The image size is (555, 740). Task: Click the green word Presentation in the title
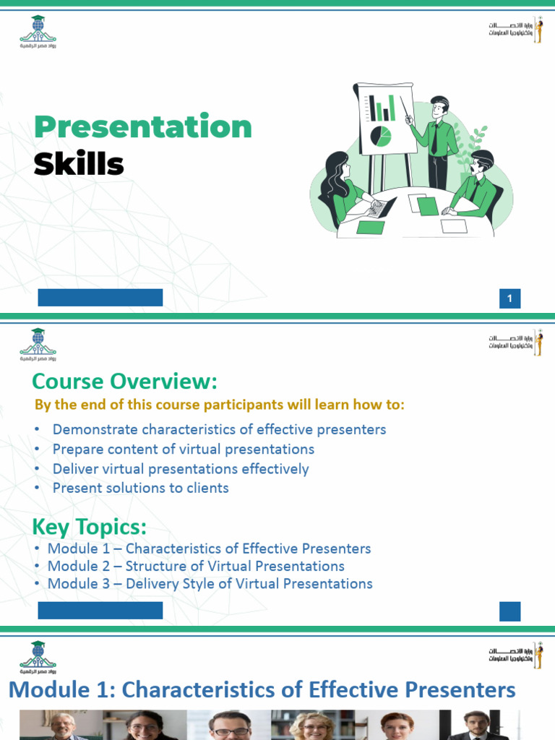click(143, 127)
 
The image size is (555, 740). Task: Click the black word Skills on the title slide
click(79, 165)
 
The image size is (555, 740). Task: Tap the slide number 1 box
click(509, 298)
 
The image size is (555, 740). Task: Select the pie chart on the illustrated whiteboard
click(380, 135)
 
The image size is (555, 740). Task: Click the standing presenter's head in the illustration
click(439, 108)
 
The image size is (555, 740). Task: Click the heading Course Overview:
click(124, 381)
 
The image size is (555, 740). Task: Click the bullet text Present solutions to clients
click(140, 488)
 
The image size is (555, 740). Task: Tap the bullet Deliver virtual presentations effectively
click(181, 468)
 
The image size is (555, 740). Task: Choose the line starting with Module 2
click(196, 566)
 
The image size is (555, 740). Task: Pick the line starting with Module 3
click(210, 583)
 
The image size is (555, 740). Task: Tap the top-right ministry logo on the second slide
click(515, 341)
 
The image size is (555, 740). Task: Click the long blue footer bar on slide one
click(100, 298)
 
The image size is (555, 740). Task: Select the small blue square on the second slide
click(509, 611)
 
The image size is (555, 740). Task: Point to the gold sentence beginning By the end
click(220, 405)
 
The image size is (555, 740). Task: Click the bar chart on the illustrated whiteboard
click(382, 107)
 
